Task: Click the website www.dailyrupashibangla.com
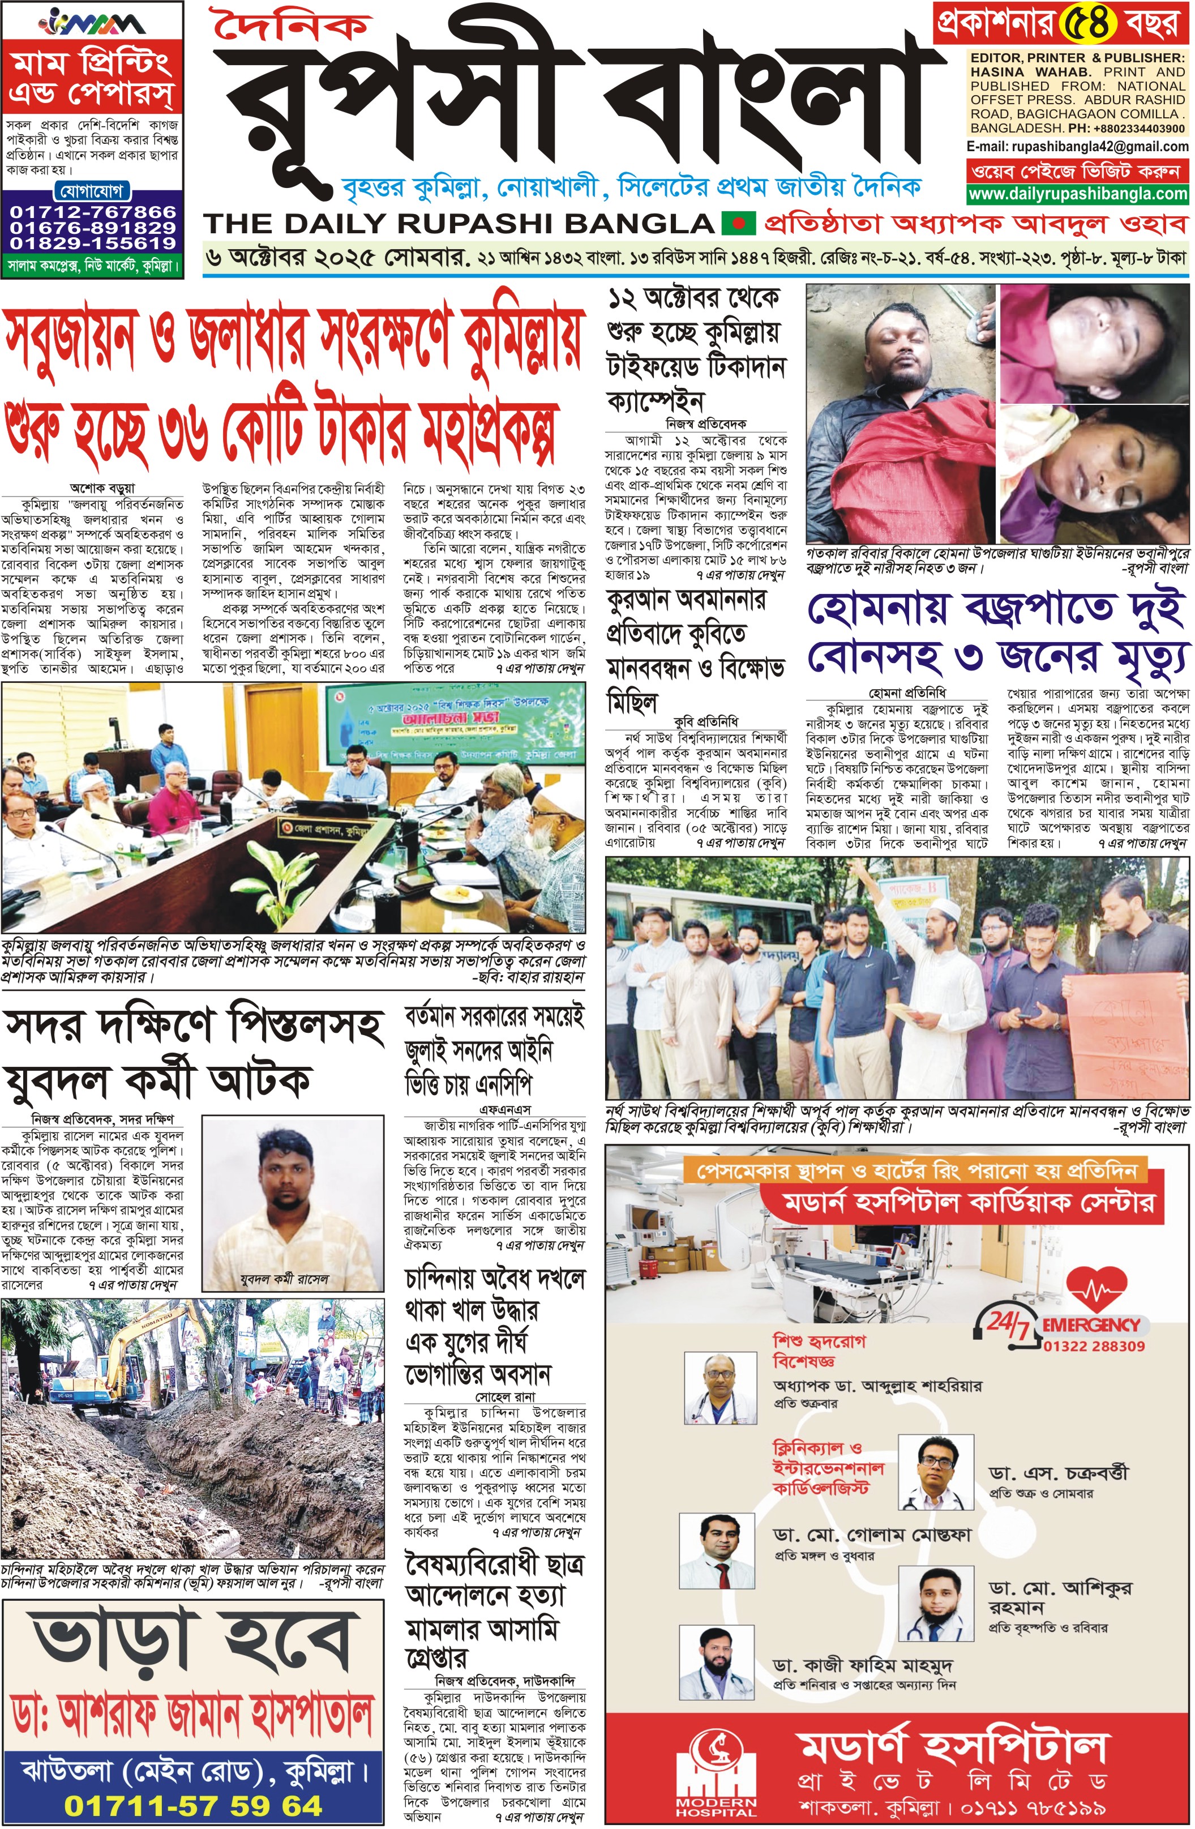1077,194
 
